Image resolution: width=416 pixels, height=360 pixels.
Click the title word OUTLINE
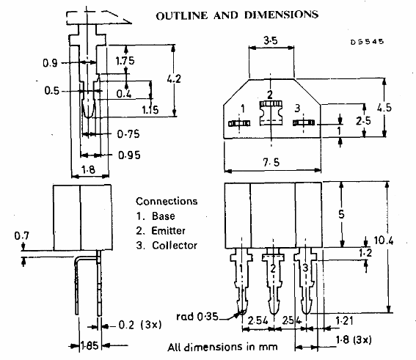coord(181,15)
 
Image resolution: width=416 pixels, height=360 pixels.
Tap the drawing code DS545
coord(367,42)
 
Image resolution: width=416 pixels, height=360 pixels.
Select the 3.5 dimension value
coord(271,40)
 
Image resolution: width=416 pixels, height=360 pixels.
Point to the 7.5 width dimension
coord(271,162)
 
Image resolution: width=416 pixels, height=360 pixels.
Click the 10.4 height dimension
coord(384,240)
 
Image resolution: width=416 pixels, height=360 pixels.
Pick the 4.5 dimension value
coord(384,107)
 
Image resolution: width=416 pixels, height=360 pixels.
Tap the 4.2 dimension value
coord(174,78)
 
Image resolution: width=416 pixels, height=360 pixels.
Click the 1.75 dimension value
coord(125,61)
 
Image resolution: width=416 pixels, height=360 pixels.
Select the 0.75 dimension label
coord(128,134)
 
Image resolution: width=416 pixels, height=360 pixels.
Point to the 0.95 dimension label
coord(129,155)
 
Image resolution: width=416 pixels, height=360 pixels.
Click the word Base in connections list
coord(164,216)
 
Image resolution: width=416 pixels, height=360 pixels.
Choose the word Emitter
coord(168,231)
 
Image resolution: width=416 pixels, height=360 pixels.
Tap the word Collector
coord(175,245)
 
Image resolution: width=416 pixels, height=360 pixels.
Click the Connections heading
coord(167,201)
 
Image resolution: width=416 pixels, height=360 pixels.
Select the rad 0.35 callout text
coord(197,316)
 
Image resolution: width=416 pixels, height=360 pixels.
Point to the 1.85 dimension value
coord(90,345)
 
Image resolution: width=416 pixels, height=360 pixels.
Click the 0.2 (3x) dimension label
coord(140,325)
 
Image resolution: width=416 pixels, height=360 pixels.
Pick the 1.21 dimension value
coord(344,320)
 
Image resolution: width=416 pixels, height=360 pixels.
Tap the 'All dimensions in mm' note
coord(222,347)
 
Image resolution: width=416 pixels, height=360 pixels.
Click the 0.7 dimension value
coord(22,235)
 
